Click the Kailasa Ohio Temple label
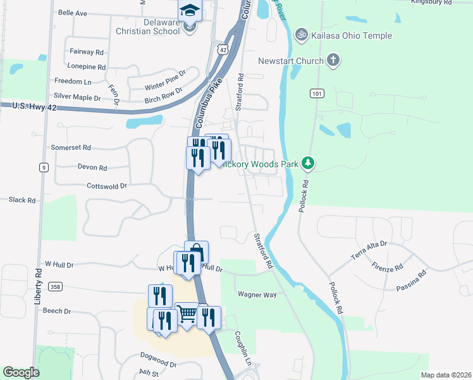(x=352, y=35)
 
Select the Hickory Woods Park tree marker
(x=308, y=164)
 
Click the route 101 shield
(x=317, y=94)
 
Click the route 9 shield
(x=43, y=167)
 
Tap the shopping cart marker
(x=187, y=313)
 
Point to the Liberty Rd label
(x=39, y=282)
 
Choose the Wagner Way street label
(x=257, y=294)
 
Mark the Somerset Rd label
(x=72, y=148)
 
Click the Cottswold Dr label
(x=107, y=186)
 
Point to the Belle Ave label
(x=72, y=13)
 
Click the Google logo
(x=21, y=372)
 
